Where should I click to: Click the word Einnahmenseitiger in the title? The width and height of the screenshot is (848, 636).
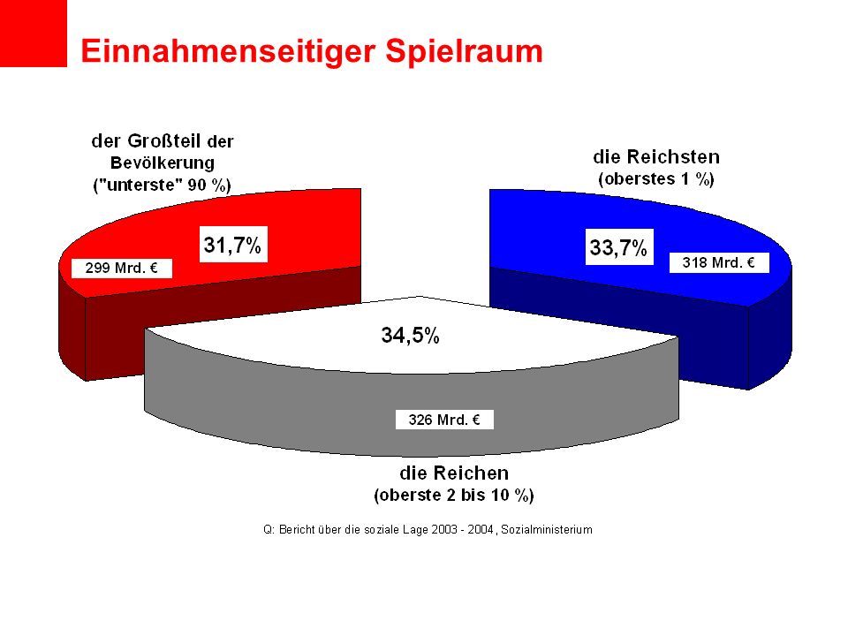pos(228,52)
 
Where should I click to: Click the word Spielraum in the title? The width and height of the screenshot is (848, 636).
pos(464,52)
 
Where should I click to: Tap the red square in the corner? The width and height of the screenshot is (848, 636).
pos(34,34)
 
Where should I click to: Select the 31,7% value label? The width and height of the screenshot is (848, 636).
pos(233,245)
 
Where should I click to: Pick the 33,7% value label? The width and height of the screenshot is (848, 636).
pos(619,247)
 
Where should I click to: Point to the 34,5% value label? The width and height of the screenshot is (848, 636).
pos(410,336)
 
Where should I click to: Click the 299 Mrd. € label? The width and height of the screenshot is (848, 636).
pos(122,269)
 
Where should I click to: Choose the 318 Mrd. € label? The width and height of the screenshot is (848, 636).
pos(719,263)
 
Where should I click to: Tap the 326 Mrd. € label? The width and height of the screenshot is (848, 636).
pos(444,420)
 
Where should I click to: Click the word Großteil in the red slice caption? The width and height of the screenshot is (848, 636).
pos(164,141)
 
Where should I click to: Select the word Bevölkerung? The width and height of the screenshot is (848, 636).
pos(163,163)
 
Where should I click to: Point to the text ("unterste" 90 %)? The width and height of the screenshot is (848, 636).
pos(163,185)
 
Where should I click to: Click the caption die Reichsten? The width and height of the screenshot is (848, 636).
pos(656,157)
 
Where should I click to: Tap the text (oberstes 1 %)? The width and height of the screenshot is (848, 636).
pos(656,179)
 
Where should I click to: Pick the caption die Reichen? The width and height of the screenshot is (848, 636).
pos(454,473)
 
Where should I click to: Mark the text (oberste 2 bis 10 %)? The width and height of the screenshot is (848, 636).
pos(454,496)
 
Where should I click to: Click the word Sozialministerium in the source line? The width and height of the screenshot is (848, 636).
pos(547,529)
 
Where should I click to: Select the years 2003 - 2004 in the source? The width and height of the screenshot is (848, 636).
pos(462,529)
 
